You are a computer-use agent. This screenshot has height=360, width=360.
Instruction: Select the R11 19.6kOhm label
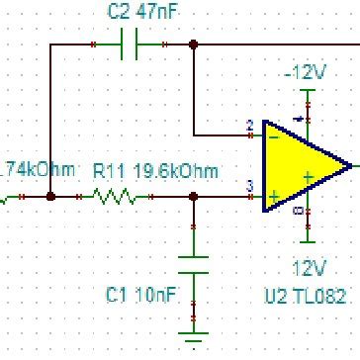coord(154,170)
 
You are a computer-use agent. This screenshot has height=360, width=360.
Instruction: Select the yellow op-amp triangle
coord(302,165)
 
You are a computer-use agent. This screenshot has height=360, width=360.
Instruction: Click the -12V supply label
coord(305,72)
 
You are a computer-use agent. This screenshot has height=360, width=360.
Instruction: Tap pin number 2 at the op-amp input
coord(249,126)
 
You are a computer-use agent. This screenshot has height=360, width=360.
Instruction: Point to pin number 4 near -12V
coord(300,119)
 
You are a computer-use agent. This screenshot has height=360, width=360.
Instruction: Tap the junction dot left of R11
coord(50,197)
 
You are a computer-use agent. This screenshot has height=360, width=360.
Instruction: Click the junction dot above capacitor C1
coord(194,197)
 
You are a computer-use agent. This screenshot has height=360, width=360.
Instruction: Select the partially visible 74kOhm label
coord(40,170)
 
